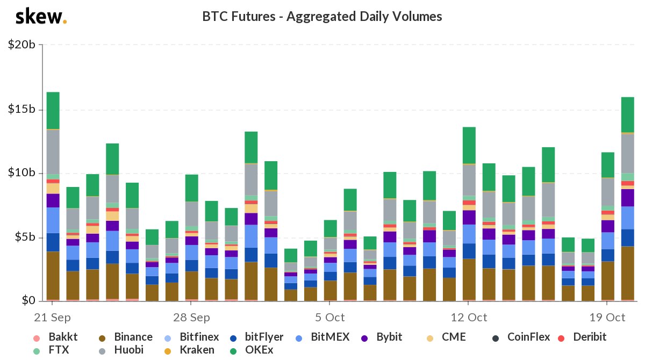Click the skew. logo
[x=41, y=17]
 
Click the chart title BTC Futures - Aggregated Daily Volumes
[x=322, y=17]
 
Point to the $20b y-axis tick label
[x=22, y=45]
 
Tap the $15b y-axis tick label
[x=22, y=110]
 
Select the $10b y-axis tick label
[x=22, y=173]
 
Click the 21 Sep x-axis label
[x=53, y=317]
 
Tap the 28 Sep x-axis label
[x=192, y=317]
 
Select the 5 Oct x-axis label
[x=331, y=317]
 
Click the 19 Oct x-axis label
[x=607, y=317]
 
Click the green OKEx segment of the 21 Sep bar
[x=53, y=111]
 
